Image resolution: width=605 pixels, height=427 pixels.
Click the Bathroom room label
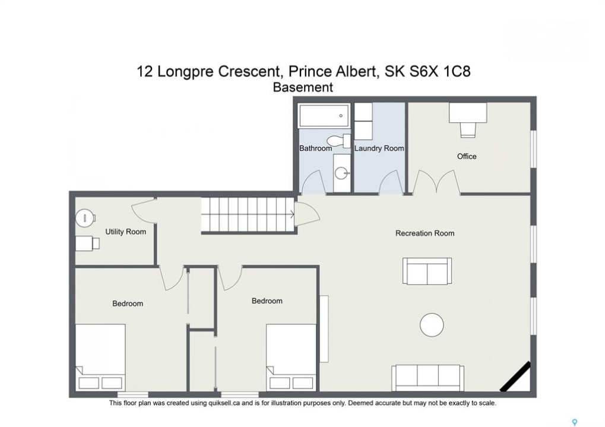coord(315,148)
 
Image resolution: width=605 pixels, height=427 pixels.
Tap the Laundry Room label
coord(379,148)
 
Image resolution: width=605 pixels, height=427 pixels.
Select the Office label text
coord(467,156)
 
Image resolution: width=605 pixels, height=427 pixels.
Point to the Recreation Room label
coord(425,233)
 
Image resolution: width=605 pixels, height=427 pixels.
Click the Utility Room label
coord(126,232)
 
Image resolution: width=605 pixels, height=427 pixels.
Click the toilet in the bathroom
coord(339,141)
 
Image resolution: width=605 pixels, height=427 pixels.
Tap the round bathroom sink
coord(341,173)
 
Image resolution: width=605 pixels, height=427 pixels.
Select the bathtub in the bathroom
coord(324,116)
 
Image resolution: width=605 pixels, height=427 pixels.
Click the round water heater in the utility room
coord(84,218)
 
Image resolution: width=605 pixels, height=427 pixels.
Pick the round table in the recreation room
coord(432,324)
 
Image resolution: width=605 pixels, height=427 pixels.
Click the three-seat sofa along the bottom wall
coord(428,378)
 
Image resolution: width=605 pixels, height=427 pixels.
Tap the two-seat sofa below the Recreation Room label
coord(427,271)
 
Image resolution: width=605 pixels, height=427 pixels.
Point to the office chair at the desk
coord(468,129)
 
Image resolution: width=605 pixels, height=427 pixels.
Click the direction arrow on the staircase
coord(293,214)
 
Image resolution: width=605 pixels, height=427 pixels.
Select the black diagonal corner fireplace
coord(515,377)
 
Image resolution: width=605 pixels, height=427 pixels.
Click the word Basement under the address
coord(303,87)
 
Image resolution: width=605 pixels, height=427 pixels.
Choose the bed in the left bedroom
coord(100,357)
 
